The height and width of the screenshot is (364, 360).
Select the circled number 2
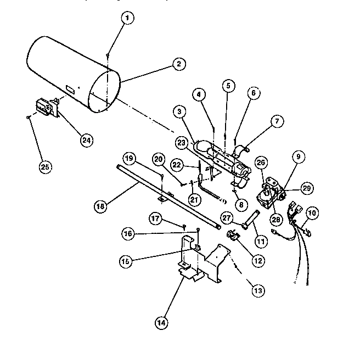(x=177, y=64)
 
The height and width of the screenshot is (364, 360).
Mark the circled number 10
(x=312, y=212)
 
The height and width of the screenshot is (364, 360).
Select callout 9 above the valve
(x=299, y=157)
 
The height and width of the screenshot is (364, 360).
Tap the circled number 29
(x=307, y=188)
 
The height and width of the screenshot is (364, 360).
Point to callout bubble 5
(x=228, y=86)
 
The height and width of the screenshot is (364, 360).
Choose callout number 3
(x=178, y=112)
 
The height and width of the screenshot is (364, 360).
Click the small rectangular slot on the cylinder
(x=70, y=88)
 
